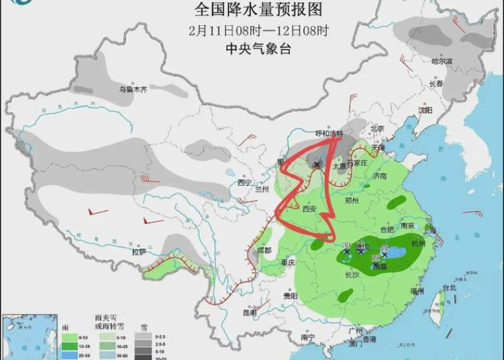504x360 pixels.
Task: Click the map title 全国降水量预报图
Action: click(x=251, y=9)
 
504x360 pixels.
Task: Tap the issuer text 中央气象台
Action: click(x=252, y=49)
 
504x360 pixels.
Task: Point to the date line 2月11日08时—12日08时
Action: click(x=252, y=30)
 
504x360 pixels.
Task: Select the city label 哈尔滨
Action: click(x=441, y=62)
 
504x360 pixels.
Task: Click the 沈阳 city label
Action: click(x=426, y=110)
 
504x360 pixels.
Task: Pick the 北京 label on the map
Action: click(x=374, y=127)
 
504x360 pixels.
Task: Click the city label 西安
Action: click(x=310, y=209)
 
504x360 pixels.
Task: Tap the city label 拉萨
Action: click(x=138, y=251)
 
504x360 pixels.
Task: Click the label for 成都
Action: click(x=264, y=250)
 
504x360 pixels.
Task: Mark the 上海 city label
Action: click(x=430, y=231)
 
